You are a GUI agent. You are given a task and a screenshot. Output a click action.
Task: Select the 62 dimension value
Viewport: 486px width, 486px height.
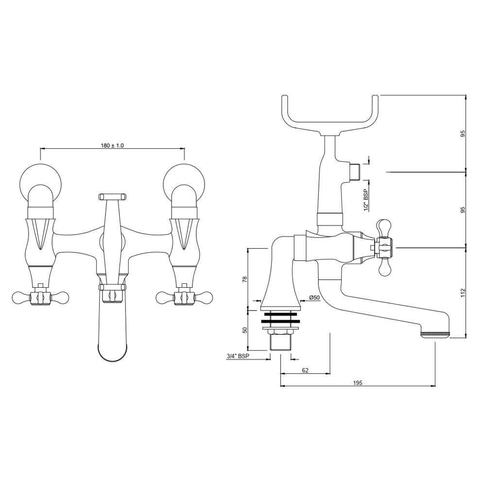click(305, 370)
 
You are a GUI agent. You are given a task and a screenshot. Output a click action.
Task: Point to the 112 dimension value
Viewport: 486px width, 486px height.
click(463, 292)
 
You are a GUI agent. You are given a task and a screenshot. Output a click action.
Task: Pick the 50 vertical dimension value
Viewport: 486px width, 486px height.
click(244, 330)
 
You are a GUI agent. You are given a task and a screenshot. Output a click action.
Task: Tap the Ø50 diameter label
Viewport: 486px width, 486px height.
click(314, 297)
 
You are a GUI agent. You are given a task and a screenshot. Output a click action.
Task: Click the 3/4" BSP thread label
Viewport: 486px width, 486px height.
click(238, 356)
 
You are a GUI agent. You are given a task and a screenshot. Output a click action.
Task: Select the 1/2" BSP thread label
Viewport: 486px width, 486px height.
click(365, 200)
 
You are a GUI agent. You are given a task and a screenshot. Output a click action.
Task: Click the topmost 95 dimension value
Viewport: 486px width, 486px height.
click(463, 133)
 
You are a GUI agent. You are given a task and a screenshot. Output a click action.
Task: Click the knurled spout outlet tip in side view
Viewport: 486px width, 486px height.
click(435, 334)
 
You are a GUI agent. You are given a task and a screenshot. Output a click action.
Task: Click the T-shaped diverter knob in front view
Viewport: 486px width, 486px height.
click(112, 196)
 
